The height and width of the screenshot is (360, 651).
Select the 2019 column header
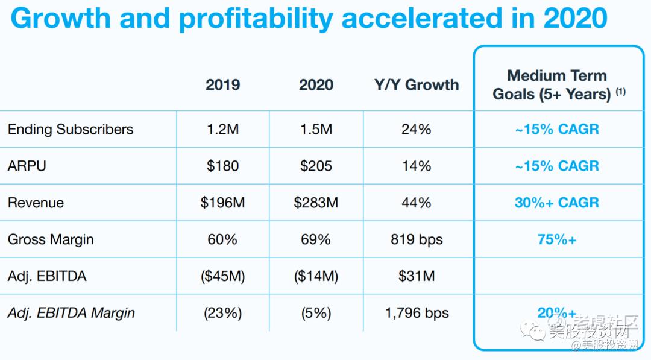pyautogui.click(x=222, y=84)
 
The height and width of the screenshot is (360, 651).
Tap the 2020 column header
pyautogui.click(x=316, y=84)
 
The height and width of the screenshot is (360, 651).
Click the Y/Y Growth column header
pyautogui.click(x=417, y=84)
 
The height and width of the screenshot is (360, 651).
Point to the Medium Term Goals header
pyautogui.click(x=557, y=85)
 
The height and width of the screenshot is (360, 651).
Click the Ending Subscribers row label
pyautogui.click(x=71, y=129)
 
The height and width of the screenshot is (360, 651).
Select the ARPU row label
pyautogui.click(x=27, y=166)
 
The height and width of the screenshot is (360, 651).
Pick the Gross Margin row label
pyautogui.click(x=51, y=239)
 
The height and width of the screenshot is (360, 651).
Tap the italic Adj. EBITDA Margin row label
pyautogui.click(x=71, y=313)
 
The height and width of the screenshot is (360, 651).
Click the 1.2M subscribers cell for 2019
pyautogui.click(x=222, y=129)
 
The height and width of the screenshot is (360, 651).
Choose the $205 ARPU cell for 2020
pyautogui.click(x=316, y=166)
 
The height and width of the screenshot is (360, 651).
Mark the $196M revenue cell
pyautogui.click(x=222, y=203)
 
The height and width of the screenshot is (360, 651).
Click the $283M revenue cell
pyautogui.click(x=316, y=203)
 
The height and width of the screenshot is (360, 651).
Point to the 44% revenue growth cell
pyautogui.click(x=417, y=203)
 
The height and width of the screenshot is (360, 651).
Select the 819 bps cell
pyautogui.click(x=417, y=239)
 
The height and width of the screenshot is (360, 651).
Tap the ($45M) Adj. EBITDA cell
pyautogui.click(x=222, y=276)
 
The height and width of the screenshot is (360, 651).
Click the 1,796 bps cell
pyautogui.click(x=417, y=313)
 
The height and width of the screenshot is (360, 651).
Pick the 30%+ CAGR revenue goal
pyautogui.click(x=557, y=203)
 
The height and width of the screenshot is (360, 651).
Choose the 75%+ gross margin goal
pyautogui.click(x=557, y=239)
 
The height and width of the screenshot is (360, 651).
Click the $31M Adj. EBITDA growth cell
pyautogui.click(x=417, y=276)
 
